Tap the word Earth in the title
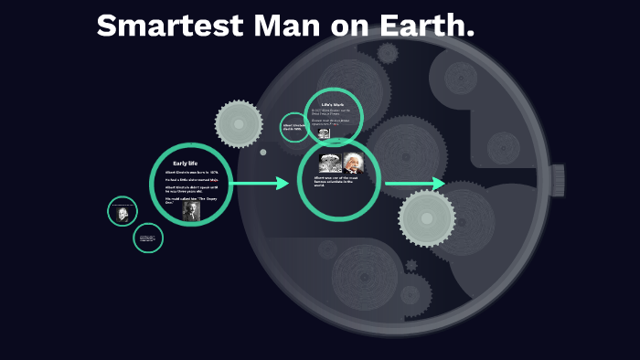click(428, 26)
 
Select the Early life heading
click(186, 163)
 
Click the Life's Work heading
click(333, 104)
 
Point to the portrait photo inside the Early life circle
click(191, 211)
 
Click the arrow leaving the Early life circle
click(260, 184)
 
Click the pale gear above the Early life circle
click(239, 122)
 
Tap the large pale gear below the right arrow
click(426, 217)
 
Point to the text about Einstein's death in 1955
click(293, 127)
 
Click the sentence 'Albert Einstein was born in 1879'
click(191, 172)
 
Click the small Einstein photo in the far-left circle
click(122, 214)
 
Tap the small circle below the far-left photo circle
click(148, 238)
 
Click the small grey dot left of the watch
click(263, 153)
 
